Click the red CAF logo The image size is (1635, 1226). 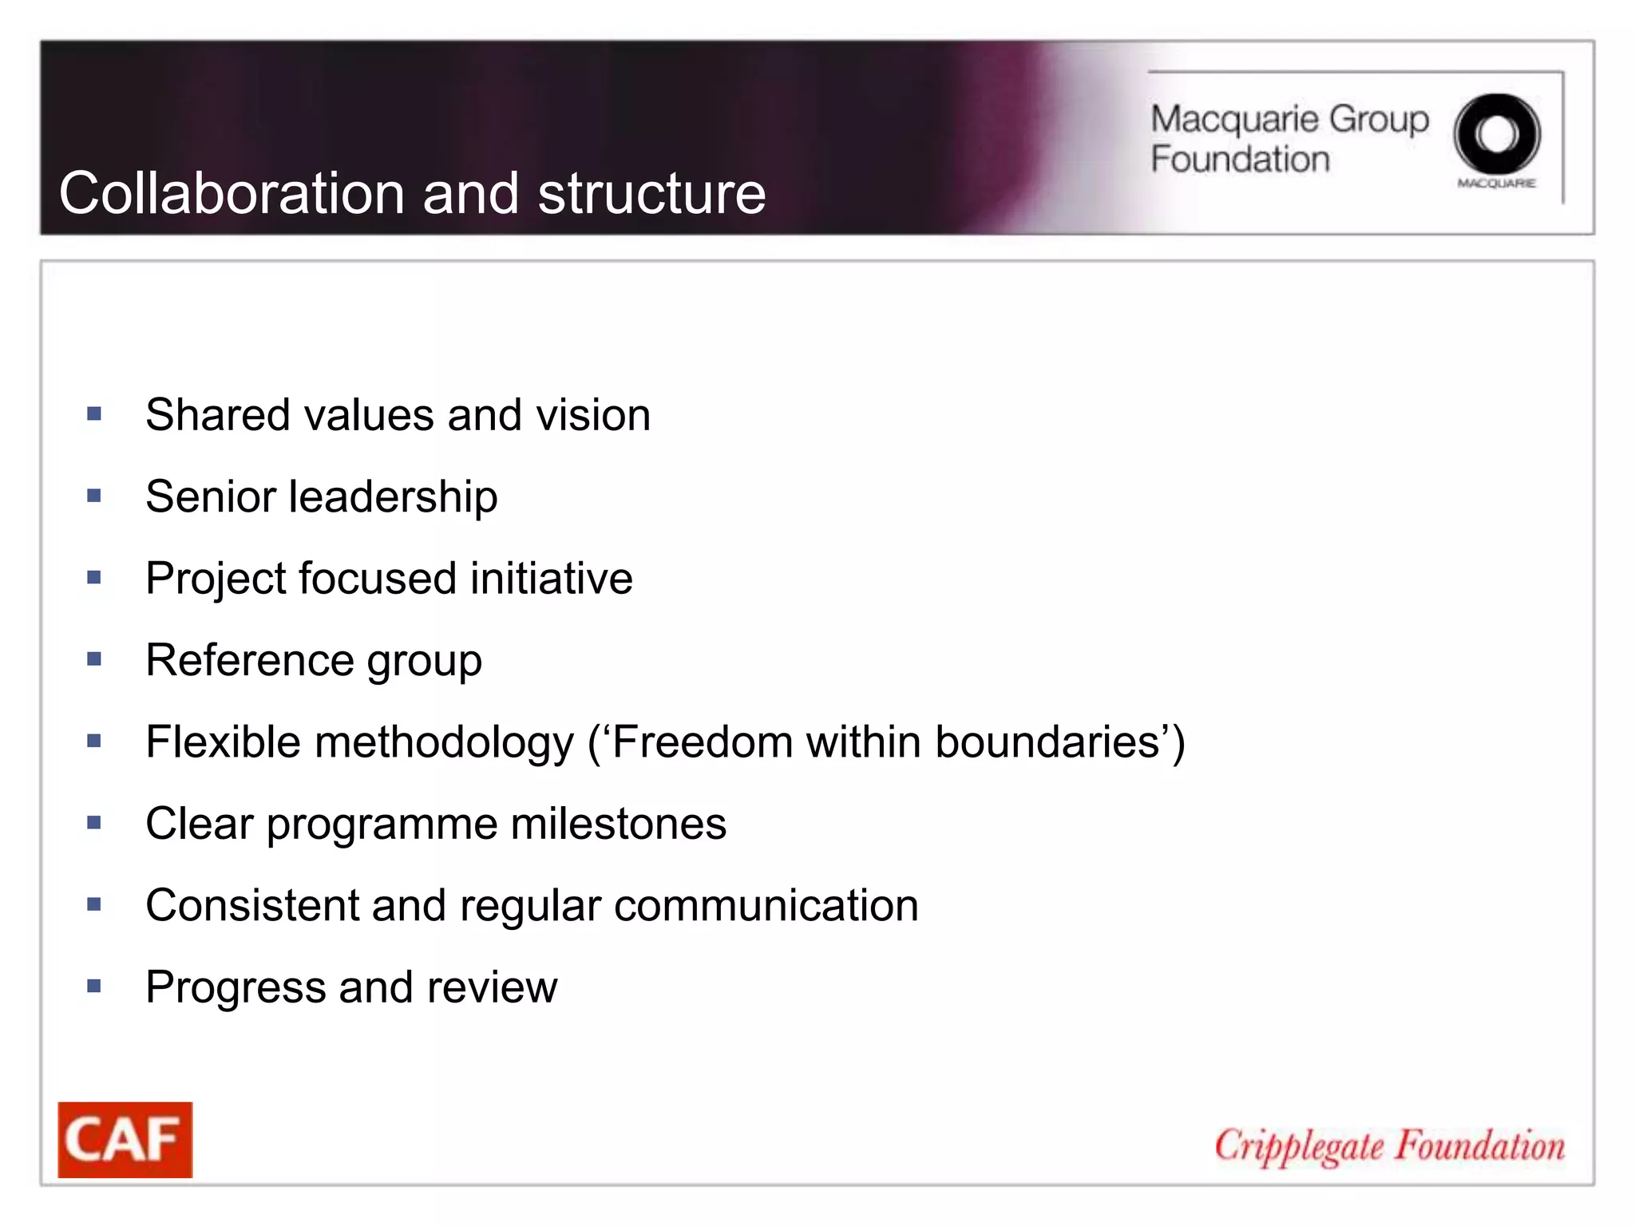[x=125, y=1139]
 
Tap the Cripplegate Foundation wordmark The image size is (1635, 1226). [x=1389, y=1147]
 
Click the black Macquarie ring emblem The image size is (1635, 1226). [x=1496, y=134]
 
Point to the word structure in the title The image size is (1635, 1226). [x=651, y=194]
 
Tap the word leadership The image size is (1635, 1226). [x=393, y=497]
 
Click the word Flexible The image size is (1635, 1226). [x=224, y=742]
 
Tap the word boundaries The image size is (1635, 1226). [x=1047, y=742]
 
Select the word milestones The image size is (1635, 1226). [x=619, y=824]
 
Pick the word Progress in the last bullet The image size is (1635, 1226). [x=236, y=988]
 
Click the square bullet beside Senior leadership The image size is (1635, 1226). [x=94, y=496]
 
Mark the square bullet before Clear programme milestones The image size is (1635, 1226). [x=94, y=822]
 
